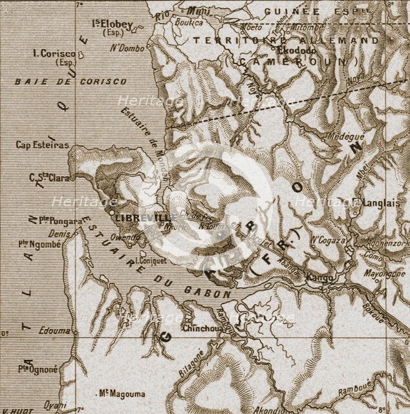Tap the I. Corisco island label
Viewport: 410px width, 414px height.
click(x=54, y=54)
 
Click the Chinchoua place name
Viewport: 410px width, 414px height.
click(x=204, y=328)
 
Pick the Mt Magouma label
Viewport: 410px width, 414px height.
click(x=122, y=393)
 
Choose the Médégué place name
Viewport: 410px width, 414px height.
click(x=347, y=136)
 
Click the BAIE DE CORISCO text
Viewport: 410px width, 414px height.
click(x=71, y=82)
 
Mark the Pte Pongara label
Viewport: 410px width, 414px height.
click(x=61, y=221)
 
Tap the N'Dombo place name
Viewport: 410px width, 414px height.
click(x=125, y=47)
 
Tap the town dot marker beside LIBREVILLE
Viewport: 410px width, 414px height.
click(x=111, y=211)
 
